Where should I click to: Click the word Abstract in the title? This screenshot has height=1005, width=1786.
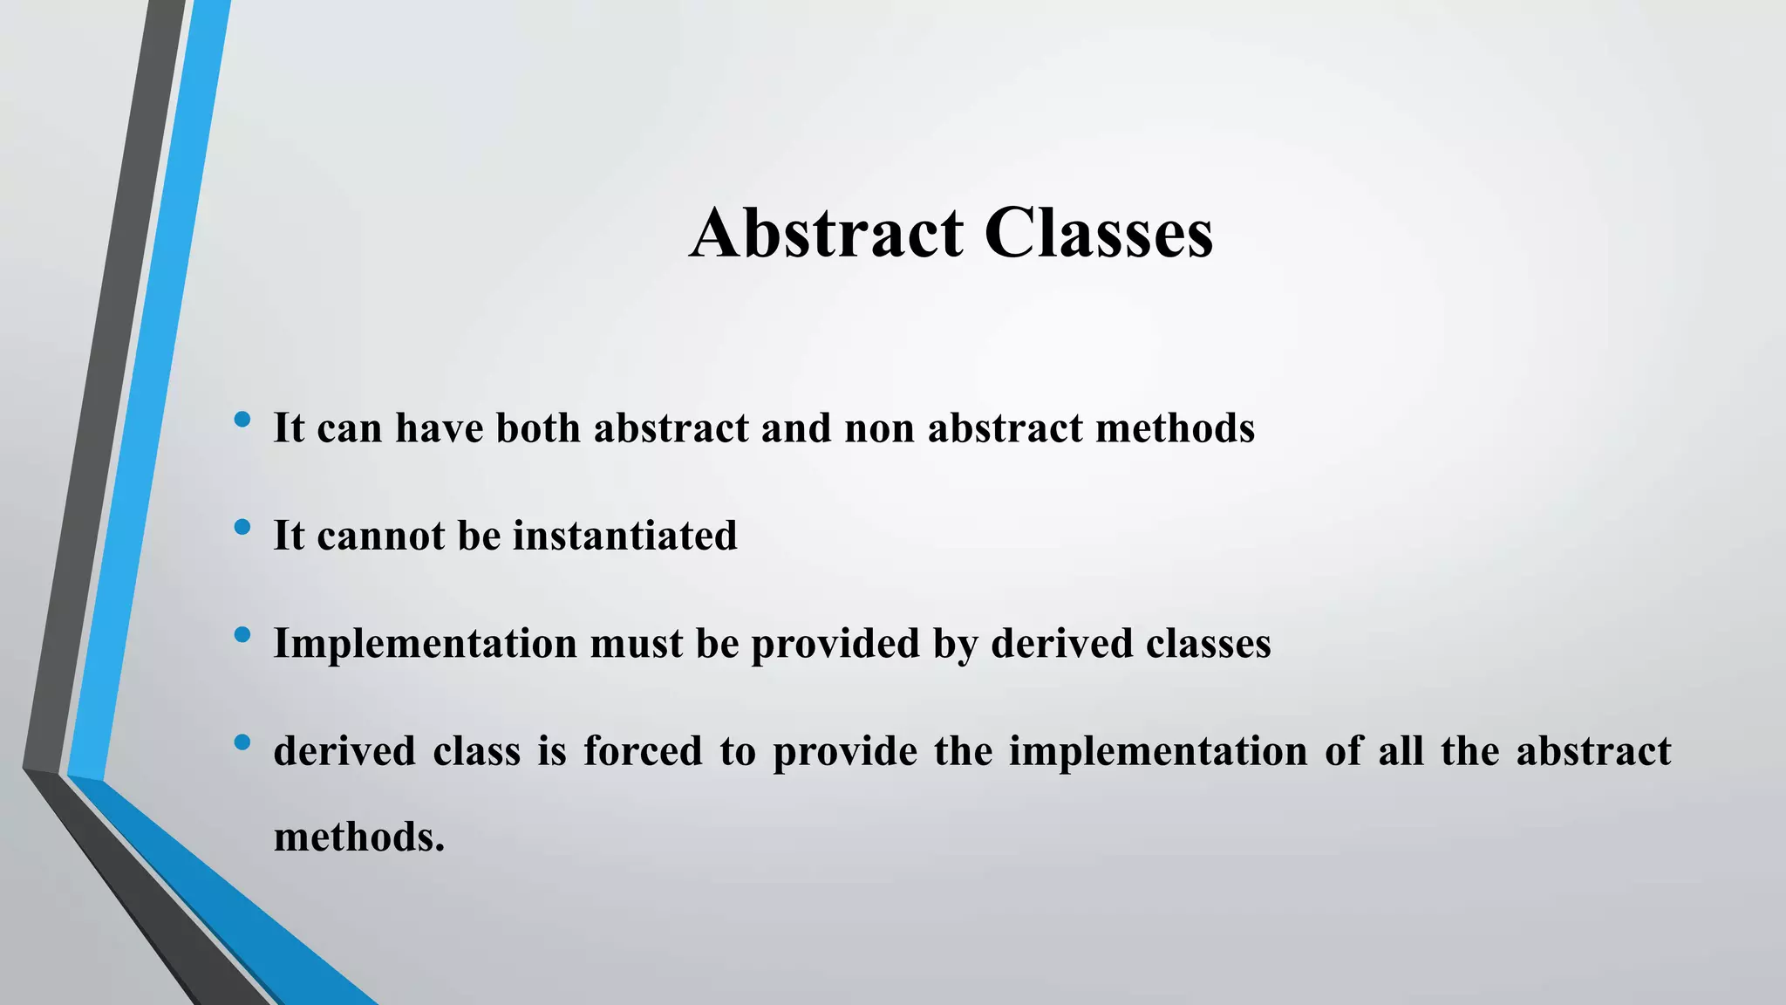point(827,233)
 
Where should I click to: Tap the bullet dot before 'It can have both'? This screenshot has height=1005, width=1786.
point(242,420)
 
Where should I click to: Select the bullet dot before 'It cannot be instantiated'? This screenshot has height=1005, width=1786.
point(242,528)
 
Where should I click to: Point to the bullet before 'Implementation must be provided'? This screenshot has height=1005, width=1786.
point(242,635)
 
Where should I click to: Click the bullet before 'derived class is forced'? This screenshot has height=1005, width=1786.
point(242,743)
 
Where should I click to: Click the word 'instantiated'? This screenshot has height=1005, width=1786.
point(624,535)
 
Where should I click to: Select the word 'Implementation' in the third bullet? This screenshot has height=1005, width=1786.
point(426,644)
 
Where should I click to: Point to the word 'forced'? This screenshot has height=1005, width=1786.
point(643,751)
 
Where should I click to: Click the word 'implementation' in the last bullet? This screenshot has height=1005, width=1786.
point(1158,751)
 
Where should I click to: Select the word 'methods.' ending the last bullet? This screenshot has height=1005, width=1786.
point(359,837)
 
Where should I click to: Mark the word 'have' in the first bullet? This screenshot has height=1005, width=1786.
point(440,427)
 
